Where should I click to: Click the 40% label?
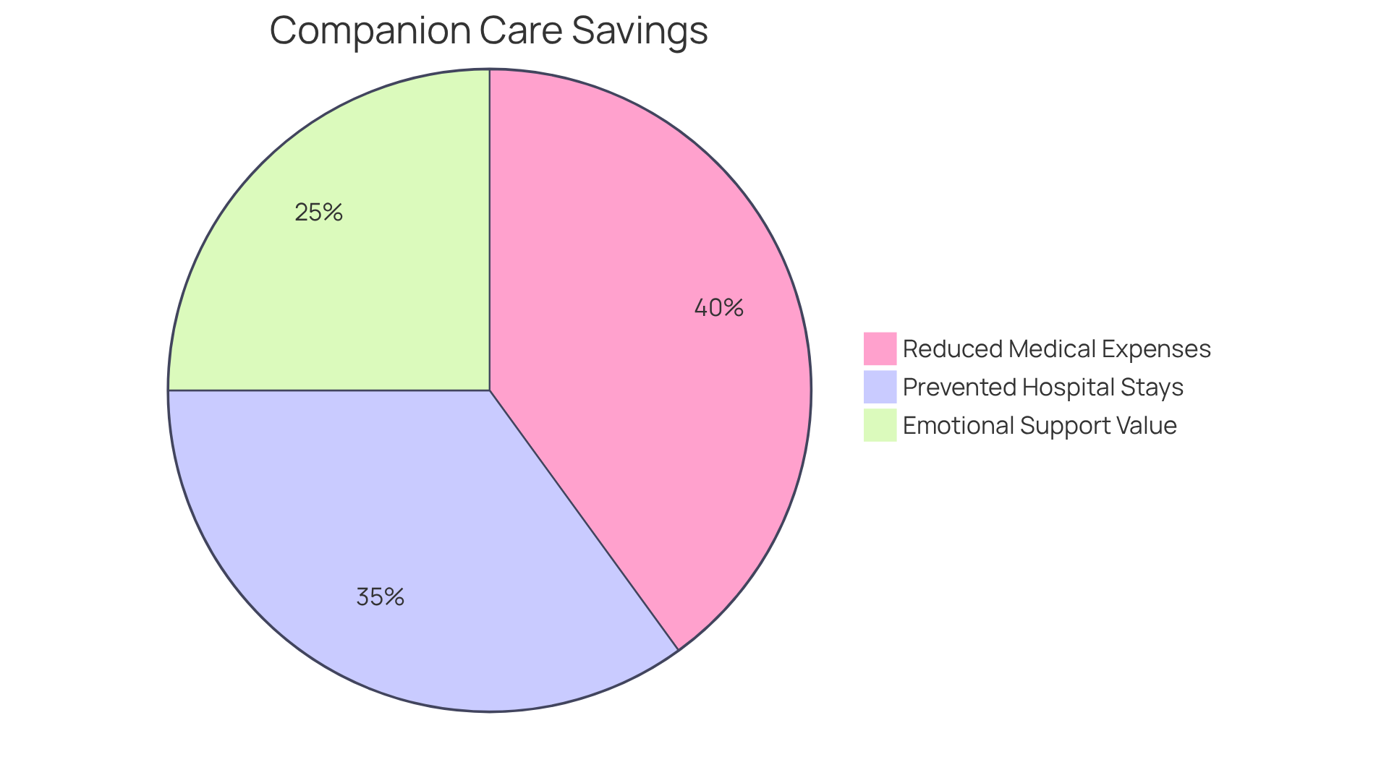pyautogui.click(x=718, y=308)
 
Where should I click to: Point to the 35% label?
pyautogui.click(x=380, y=597)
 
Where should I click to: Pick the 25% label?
pyautogui.click(x=318, y=213)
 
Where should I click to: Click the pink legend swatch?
pyautogui.click(x=880, y=348)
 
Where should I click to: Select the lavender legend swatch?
pyautogui.click(x=880, y=387)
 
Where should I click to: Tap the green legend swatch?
pyautogui.click(x=880, y=425)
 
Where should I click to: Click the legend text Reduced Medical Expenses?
pyautogui.click(x=1056, y=349)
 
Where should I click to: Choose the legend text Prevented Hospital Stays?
pyautogui.click(x=1042, y=388)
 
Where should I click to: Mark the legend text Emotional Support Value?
pyautogui.click(x=1040, y=426)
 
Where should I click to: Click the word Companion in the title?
pyautogui.click(x=370, y=31)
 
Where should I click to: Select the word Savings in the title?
pyautogui.click(x=640, y=31)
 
